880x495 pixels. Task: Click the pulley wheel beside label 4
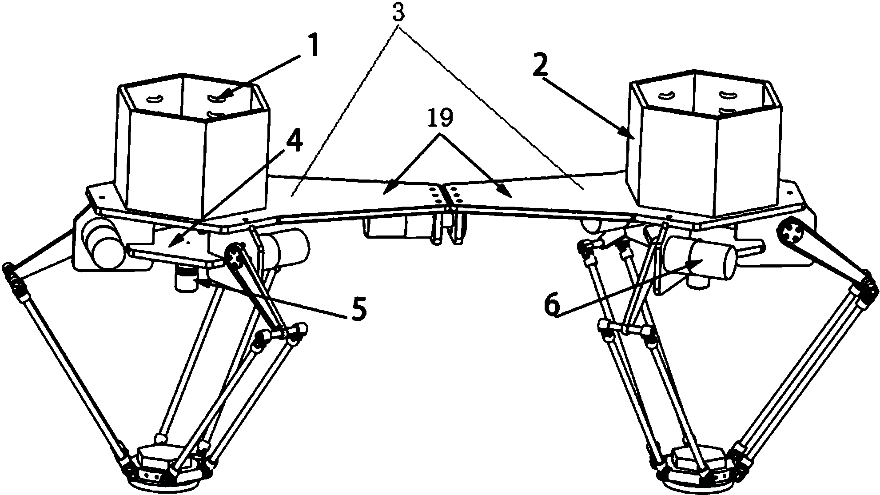pos(235,255)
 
